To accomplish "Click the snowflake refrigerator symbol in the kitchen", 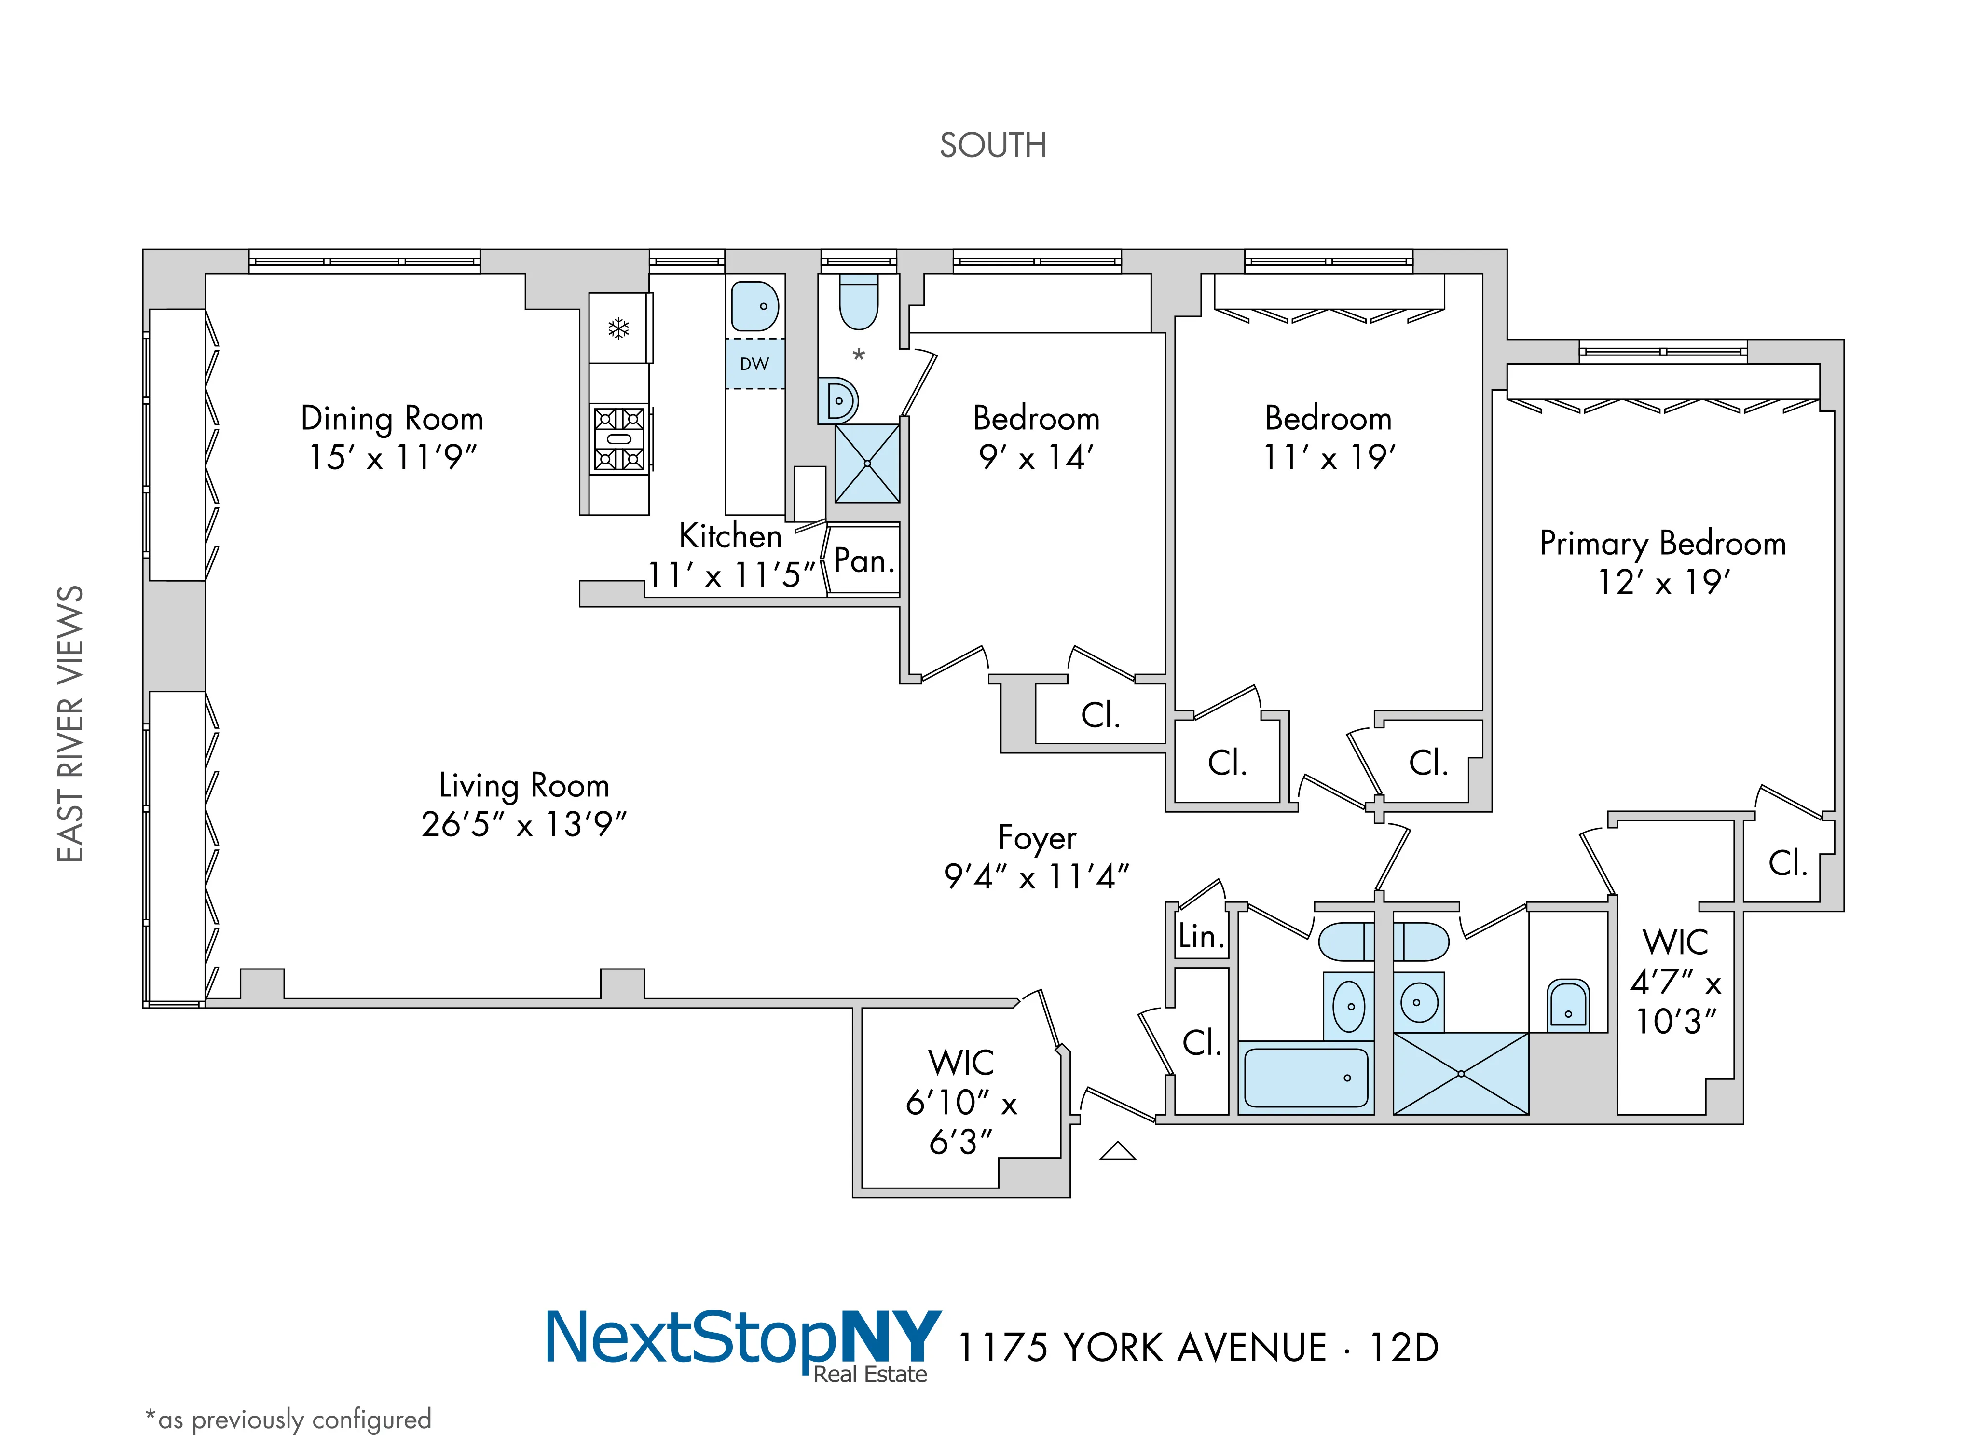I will click(618, 329).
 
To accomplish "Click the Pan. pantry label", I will click(864, 560).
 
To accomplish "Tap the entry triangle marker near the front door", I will click(1117, 1152).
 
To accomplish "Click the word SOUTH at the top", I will click(993, 145).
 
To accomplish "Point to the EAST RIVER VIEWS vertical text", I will click(70, 723).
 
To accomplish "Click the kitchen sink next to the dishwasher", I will click(754, 307).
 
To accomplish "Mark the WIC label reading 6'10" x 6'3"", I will click(961, 1102).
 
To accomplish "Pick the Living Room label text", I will click(524, 785).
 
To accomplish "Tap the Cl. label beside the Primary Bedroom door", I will click(1787, 863).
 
